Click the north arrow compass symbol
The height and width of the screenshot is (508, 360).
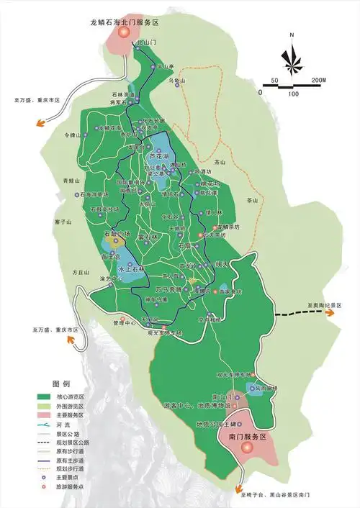click(292, 57)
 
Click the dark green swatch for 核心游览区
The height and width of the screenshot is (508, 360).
click(48, 396)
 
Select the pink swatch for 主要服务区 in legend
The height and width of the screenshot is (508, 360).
click(48, 415)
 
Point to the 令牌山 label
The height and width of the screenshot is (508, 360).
click(70, 135)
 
